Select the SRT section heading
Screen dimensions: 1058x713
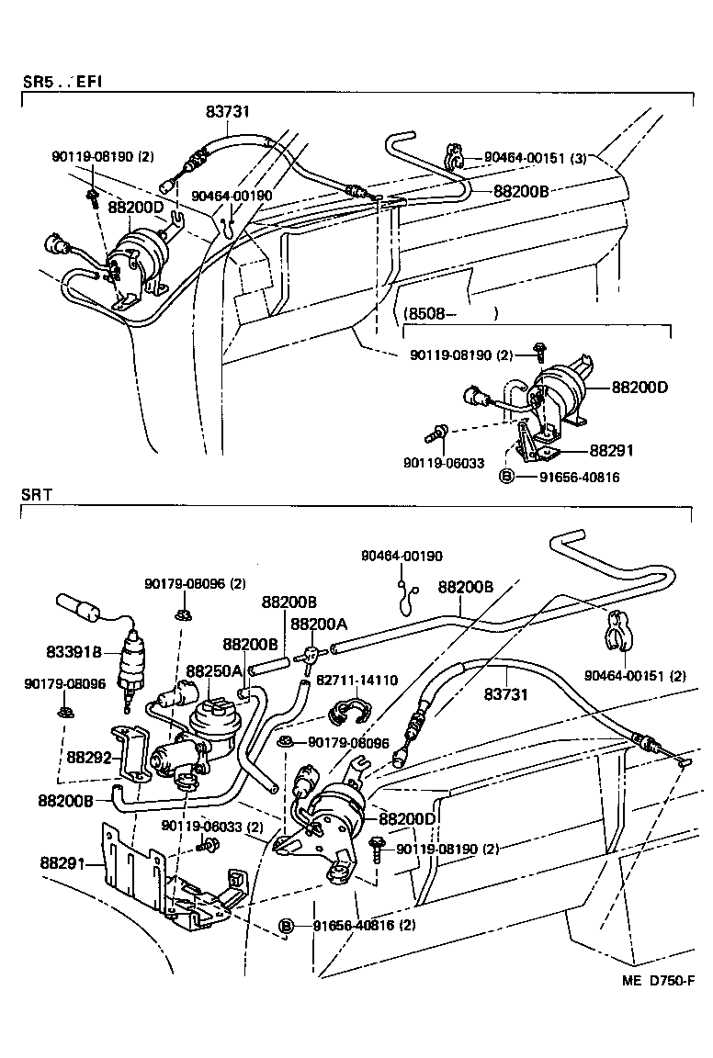[x=37, y=494]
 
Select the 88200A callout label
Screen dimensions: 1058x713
[x=318, y=624]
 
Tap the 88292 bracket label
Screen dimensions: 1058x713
[x=88, y=758]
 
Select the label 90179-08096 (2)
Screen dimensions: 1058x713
[x=194, y=583]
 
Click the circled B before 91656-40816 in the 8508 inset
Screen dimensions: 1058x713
[x=504, y=477]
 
